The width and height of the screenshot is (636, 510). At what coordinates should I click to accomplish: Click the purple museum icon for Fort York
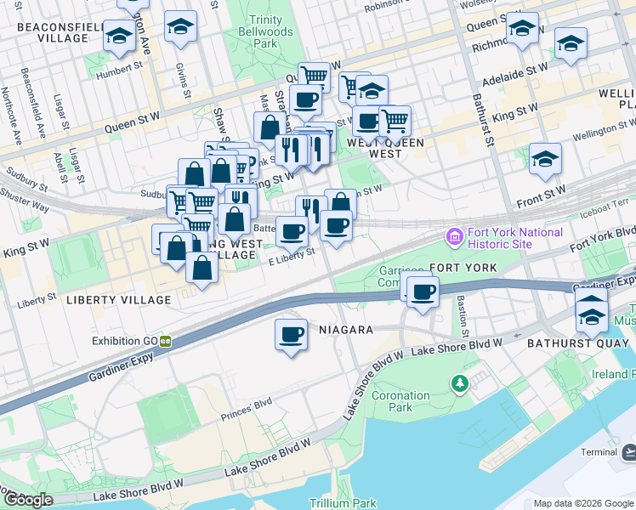(x=453, y=235)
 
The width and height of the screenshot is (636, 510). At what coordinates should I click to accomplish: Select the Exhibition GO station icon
(x=165, y=341)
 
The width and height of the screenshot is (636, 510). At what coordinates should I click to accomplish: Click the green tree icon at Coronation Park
(x=460, y=384)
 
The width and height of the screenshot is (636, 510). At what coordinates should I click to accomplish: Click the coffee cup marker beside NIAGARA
(x=291, y=333)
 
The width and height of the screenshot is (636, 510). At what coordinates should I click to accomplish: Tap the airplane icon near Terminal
(x=627, y=451)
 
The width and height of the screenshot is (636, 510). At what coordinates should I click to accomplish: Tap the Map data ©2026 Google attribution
(x=582, y=503)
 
